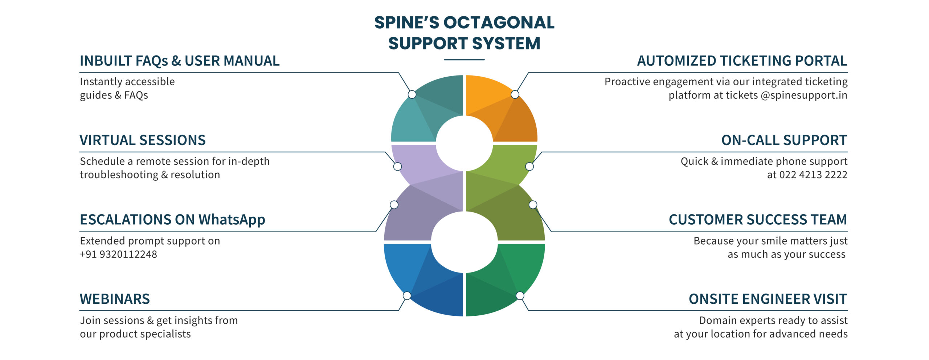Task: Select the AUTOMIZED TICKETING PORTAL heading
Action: [x=742, y=61]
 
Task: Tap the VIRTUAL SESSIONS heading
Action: [x=143, y=140]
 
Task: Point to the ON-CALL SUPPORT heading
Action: [x=784, y=140]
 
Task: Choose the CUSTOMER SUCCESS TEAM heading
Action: [x=758, y=220]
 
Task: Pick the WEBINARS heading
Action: [x=115, y=299]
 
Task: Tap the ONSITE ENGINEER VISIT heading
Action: [x=768, y=299]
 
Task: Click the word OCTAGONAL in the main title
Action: [x=499, y=22]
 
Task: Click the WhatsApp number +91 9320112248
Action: [x=118, y=254]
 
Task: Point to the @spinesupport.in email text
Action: [x=804, y=95]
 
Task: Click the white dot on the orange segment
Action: [x=515, y=94]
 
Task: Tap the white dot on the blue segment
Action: [x=407, y=296]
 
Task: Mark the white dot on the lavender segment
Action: [x=398, y=167]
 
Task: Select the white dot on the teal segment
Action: [x=412, y=94]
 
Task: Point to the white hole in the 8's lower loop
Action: [x=464, y=242]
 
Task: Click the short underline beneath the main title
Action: [x=464, y=60]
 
